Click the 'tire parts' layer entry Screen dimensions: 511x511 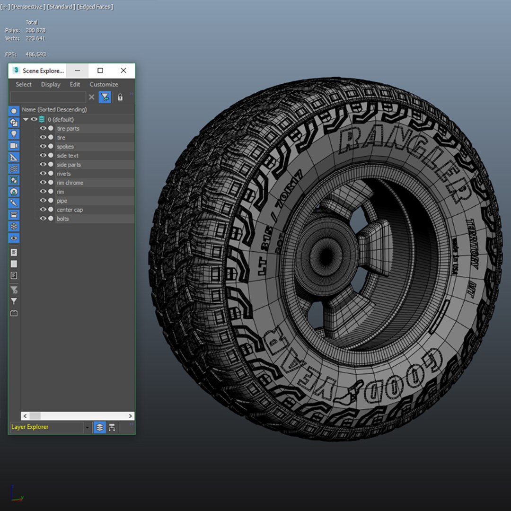(68, 129)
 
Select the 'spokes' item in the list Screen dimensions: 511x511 (65, 147)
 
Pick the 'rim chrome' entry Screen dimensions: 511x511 (70, 183)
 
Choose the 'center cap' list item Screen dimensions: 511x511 (70, 210)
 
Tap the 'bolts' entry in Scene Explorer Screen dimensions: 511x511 (62, 219)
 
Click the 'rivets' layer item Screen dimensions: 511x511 (63, 174)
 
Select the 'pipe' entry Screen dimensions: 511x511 (62, 201)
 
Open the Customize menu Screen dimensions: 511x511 (104, 84)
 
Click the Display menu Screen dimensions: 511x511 (51, 84)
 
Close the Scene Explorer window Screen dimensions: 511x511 (123, 70)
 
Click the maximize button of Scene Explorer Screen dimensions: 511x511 (100, 70)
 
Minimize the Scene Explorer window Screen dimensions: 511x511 (78, 70)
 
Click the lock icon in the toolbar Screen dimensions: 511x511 (120, 97)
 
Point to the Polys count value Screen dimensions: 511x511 (35, 30)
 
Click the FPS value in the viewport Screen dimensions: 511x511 (35, 54)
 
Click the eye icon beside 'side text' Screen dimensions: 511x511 (43, 156)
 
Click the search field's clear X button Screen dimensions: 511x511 (92, 97)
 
